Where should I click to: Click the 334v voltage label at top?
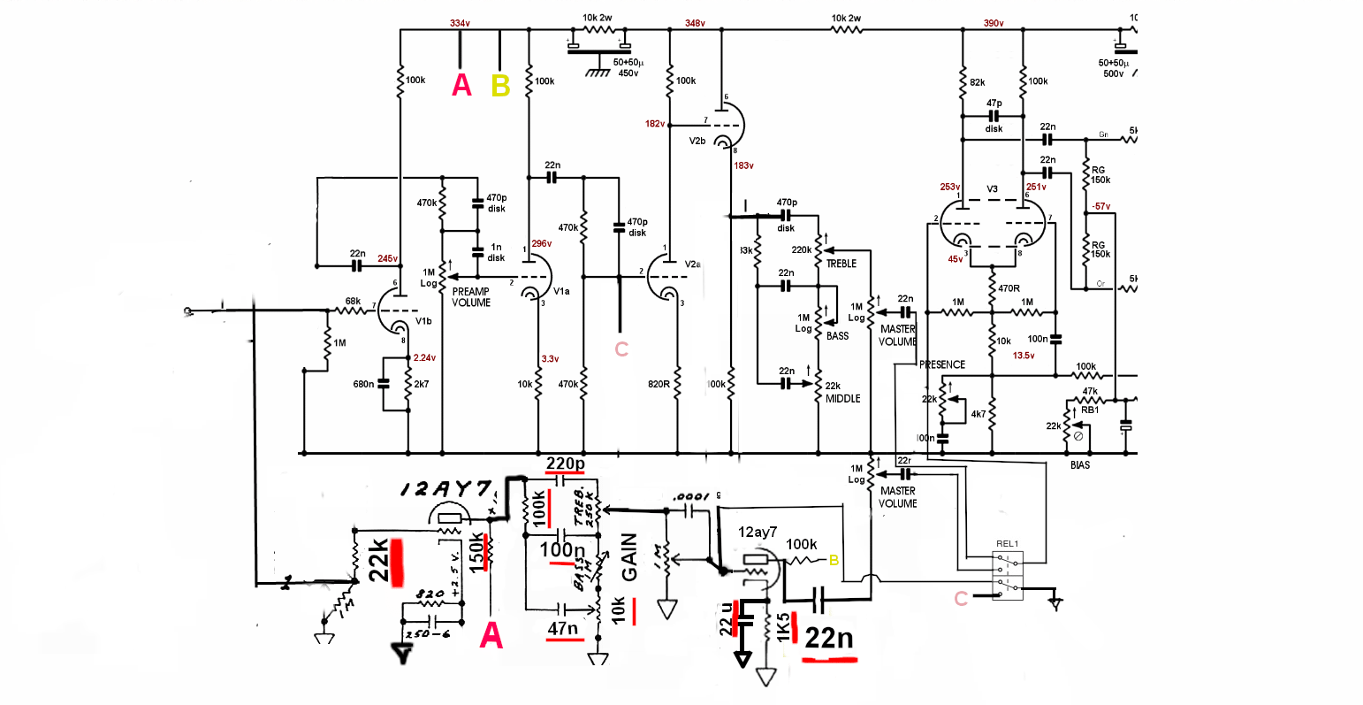click(x=460, y=23)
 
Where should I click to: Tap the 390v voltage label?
click(x=994, y=23)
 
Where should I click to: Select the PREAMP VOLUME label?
click(x=471, y=297)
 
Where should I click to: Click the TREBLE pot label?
click(x=841, y=264)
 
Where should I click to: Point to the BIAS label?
click(x=1079, y=465)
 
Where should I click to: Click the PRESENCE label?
click(x=942, y=364)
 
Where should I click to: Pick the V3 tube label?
click(x=993, y=189)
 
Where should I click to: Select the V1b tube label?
click(x=423, y=321)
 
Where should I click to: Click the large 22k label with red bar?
click(x=379, y=561)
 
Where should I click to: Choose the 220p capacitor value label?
click(x=566, y=464)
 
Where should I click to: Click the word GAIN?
click(x=629, y=557)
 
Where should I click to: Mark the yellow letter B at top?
click(x=500, y=86)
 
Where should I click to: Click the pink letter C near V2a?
click(x=621, y=349)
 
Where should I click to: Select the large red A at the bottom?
click(x=491, y=635)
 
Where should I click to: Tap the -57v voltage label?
click(x=1100, y=206)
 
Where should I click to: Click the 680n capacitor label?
click(x=364, y=384)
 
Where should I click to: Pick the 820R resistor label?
click(x=659, y=384)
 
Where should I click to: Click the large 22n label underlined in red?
click(x=828, y=638)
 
